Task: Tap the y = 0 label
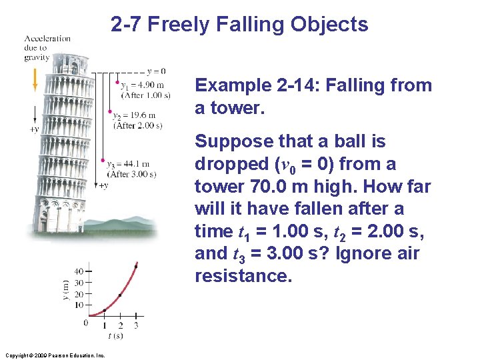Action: tap(155, 71)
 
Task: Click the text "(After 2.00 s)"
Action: tap(138, 125)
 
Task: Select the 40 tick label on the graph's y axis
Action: tap(79, 271)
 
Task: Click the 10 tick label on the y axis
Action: tap(79, 305)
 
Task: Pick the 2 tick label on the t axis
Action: tap(121, 325)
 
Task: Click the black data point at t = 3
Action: tap(136, 267)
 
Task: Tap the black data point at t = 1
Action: tap(105, 310)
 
